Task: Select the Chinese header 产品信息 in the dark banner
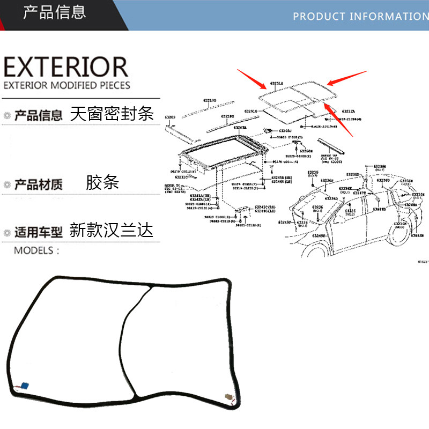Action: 54,12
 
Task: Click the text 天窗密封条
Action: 112,114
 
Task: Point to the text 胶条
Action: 102,182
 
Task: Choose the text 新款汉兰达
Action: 112,231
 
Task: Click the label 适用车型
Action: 39,233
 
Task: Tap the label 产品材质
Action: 39,185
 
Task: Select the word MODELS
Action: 36,250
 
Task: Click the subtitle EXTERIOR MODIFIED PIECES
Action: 66,85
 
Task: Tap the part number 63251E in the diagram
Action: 277,84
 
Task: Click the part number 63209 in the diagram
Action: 170,116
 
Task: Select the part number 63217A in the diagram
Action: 349,112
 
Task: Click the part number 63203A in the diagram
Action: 240,128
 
